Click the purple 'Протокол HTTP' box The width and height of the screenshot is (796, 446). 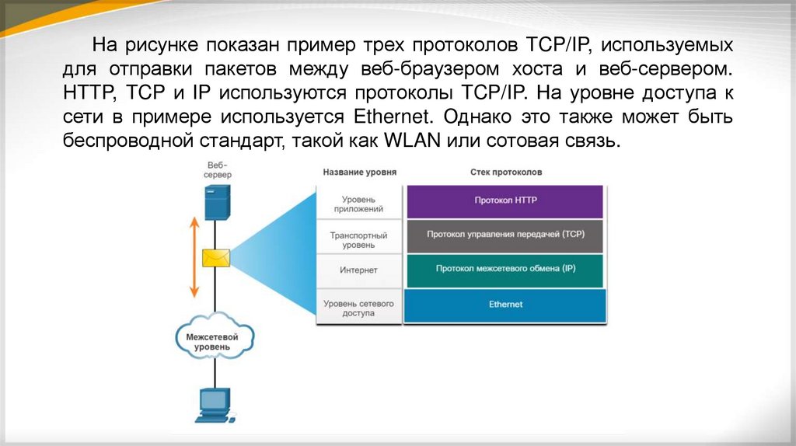tap(505, 200)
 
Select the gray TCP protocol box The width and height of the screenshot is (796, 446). tap(505, 234)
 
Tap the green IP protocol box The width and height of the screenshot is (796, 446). tap(505, 269)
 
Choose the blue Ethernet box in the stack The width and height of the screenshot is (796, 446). tap(505, 304)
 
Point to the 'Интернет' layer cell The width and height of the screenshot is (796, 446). tap(358, 270)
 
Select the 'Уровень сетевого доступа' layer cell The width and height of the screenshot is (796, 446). tap(358, 307)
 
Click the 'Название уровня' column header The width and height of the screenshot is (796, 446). tap(359, 172)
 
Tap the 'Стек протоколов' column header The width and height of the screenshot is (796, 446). tap(506, 172)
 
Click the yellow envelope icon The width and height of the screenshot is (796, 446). tap(215, 258)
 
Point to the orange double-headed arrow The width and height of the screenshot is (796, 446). tap(194, 257)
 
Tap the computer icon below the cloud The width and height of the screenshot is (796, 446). tap(212, 404)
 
